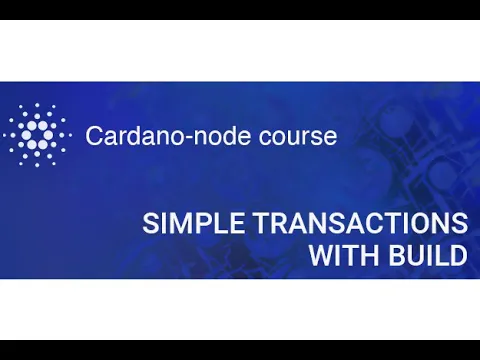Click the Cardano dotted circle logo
pos(37,135)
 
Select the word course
pos(299,136)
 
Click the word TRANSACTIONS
pos(353,223)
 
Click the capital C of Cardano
pos(94,136)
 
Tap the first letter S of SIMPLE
pos(149,223)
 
